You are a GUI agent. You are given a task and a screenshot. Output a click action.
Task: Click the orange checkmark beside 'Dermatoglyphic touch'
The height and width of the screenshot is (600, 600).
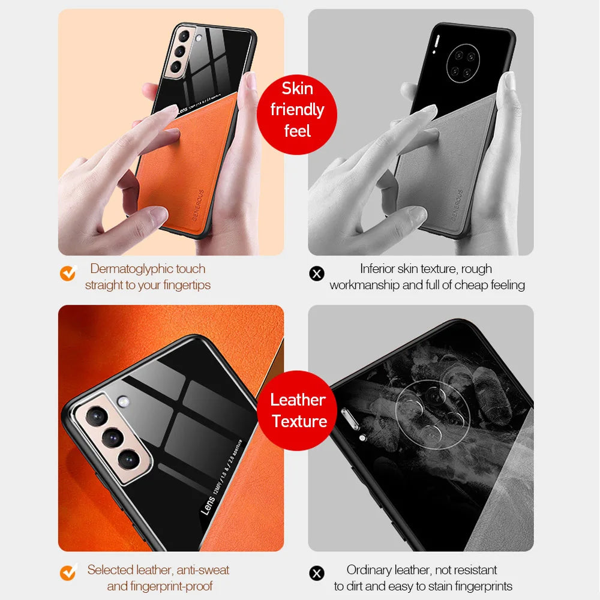(x=68, y=274)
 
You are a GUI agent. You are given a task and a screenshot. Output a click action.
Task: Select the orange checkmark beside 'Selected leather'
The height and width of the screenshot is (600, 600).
(x=68, y=572)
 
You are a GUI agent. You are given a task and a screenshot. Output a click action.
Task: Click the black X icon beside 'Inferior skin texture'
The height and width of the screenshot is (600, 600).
(x=316, y=274)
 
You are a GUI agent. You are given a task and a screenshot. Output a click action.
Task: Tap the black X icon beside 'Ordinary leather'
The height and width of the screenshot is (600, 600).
(x=316, y=574)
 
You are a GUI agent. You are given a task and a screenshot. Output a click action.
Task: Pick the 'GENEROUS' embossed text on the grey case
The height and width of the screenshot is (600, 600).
(x=451, y=205)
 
